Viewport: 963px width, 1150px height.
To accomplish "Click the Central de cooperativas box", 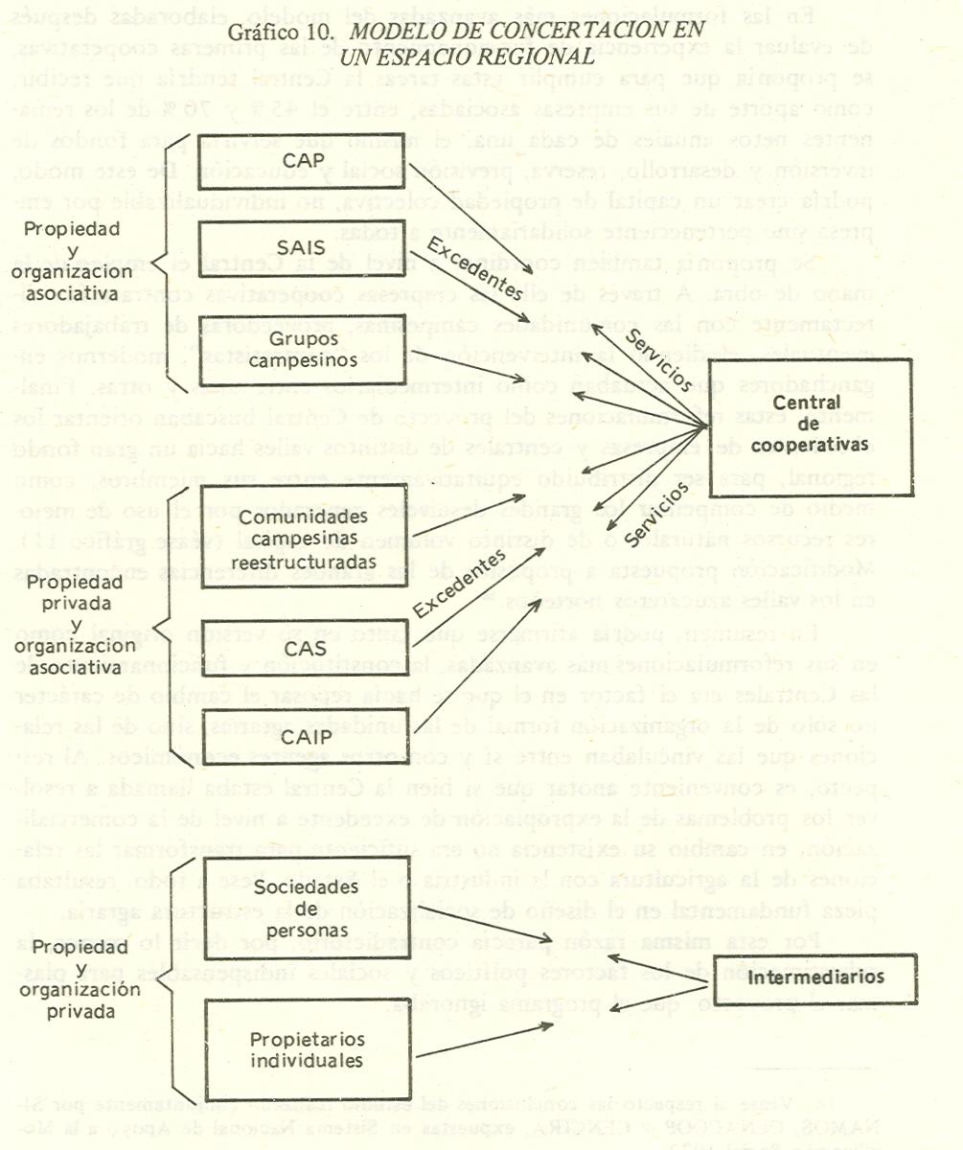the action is [x=809, y=426].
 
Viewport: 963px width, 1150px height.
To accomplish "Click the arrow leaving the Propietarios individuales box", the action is [x=484, y=1039].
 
